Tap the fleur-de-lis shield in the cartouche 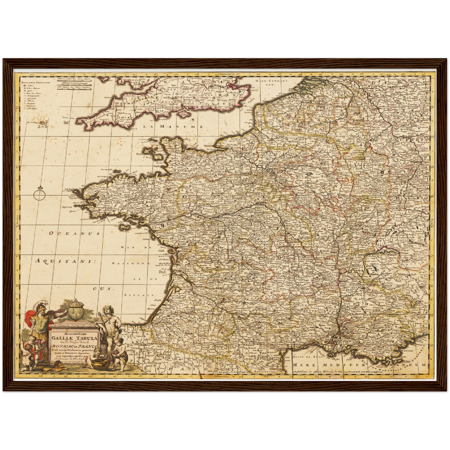coord(73,312)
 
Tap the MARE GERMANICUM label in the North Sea coord(271,82)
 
